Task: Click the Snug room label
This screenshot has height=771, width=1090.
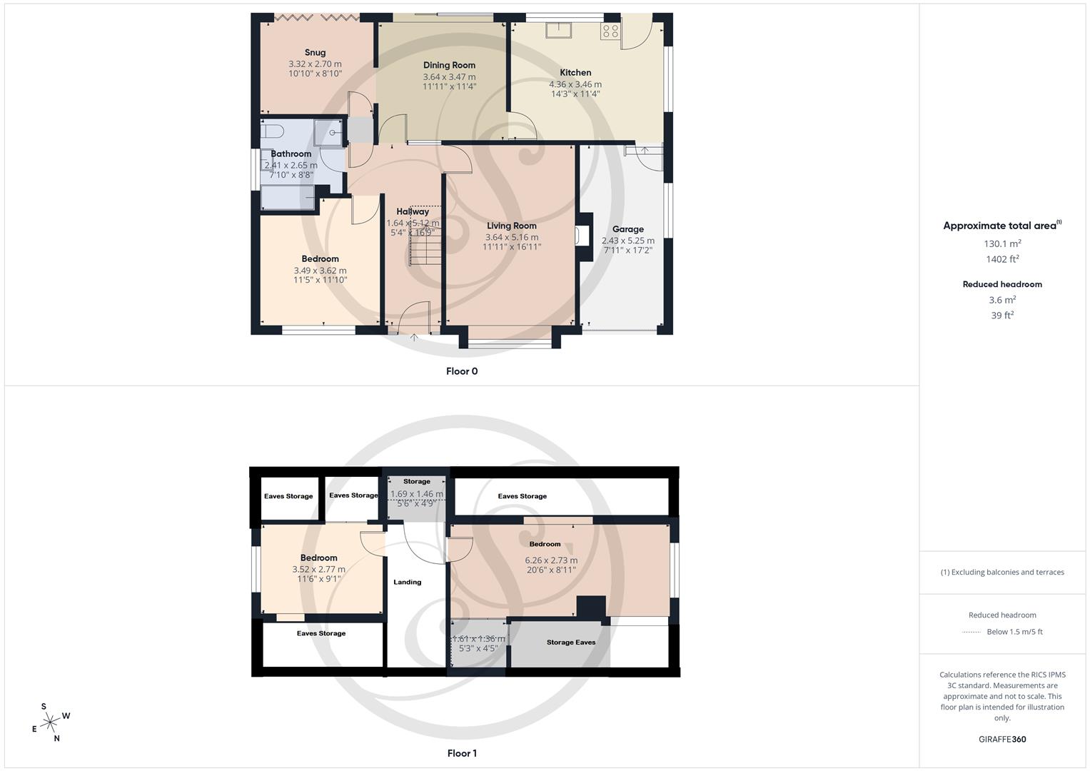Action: click(315, 52)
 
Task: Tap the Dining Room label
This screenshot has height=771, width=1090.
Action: click(449, 65)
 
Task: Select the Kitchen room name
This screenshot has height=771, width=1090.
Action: click(575, 72)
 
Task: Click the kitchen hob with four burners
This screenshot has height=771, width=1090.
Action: click(610, 31)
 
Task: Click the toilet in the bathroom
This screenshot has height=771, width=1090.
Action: click(273, 131)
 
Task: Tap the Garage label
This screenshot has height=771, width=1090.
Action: click(627, 229)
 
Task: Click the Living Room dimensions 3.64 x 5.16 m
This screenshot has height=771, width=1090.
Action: click(512, 237)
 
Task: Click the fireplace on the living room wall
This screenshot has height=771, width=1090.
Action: click(582, 236)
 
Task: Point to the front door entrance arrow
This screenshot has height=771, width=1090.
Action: click(414, 337)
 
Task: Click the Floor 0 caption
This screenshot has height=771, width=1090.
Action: click(462, 371)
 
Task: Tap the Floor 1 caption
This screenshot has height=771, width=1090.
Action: click(462, 753)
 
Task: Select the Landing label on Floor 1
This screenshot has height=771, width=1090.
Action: click(408, 582)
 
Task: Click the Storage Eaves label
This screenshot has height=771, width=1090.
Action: click(571, 642)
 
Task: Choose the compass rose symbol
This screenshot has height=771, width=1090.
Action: click(50, 722)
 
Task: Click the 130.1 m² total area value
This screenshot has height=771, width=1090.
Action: click(1002, 243)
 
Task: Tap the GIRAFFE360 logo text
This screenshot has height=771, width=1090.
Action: click(1002, 740)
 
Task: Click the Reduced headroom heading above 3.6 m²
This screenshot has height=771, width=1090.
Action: click(1002, 284)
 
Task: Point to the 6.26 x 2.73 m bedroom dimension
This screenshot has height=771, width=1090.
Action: click(551, 560)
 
